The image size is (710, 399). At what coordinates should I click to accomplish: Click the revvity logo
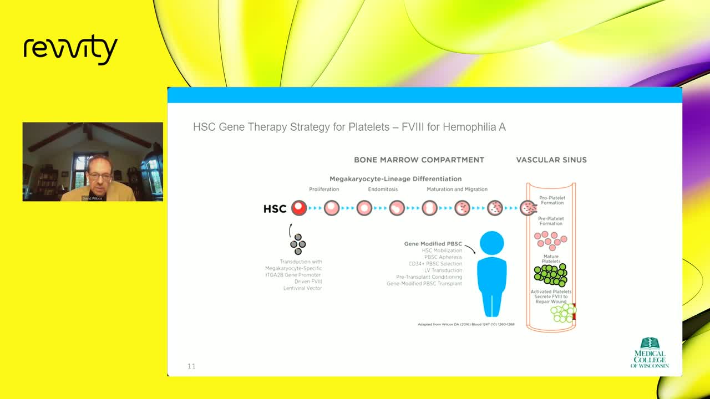coord(70,50)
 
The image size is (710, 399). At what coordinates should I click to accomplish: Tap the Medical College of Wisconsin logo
coord(650,353)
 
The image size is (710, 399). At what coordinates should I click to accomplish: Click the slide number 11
coord(191,366)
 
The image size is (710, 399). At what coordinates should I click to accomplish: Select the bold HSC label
coord(275,209)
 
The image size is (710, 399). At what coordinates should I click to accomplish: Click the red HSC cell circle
coord(299,208)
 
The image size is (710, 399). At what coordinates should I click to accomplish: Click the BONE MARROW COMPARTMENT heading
coord(419,160)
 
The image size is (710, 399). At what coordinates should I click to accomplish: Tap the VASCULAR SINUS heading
coord(551,160)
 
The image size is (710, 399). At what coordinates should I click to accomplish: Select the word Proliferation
coord(324,190)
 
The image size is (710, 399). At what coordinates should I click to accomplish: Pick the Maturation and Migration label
coord(452,190)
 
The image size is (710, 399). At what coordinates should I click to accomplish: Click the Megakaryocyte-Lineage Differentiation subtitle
coord(395,179)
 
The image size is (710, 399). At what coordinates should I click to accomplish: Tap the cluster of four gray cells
coord(298,244)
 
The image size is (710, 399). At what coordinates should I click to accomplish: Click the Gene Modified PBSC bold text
coord(433,244)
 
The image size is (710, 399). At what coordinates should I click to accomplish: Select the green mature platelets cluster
coord(550,275)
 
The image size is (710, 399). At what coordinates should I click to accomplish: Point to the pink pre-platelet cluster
coord(550,239)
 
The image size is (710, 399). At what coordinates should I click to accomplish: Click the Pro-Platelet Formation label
coord(552,200)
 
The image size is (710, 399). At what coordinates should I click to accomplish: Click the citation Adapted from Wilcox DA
coord(466,324)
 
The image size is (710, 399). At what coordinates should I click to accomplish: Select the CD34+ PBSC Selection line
coord(435,264)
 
